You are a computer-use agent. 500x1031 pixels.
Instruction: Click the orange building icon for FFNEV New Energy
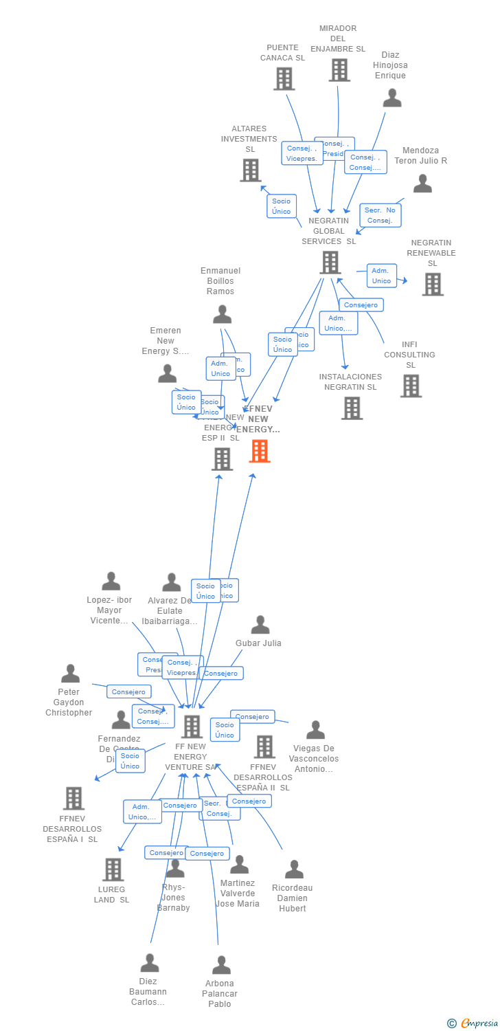pos(260,452)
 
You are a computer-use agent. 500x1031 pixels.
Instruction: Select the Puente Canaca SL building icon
pos(284,79)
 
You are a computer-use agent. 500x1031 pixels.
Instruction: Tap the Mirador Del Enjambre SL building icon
pos(339,70)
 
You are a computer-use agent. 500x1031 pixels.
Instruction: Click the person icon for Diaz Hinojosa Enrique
pos(392,98)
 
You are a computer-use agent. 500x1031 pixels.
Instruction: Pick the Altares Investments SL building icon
pos(251,170)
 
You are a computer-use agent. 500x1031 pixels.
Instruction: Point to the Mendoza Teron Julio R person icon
pos(422,184)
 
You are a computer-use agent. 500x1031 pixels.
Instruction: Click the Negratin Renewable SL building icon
pos(432,284)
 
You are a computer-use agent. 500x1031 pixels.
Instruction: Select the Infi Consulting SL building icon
pos(411,386)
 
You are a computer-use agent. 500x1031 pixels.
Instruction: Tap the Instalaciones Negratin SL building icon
pos(352,408)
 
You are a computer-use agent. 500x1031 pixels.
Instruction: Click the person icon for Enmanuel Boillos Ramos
pos(222,314)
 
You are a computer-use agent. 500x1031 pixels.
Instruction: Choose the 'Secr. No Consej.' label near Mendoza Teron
pos(380,215)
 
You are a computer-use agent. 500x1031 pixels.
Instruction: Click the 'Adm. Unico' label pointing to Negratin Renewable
pos(381,276)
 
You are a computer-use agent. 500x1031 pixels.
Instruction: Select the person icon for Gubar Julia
pos(260,625)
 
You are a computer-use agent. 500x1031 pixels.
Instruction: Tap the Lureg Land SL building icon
pos(113,869)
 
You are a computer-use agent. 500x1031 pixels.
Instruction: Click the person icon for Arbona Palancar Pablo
pos(221,965)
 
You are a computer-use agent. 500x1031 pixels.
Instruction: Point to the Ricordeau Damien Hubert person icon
pos(294,869)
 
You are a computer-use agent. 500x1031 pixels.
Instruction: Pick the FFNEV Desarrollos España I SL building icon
pos(73,798)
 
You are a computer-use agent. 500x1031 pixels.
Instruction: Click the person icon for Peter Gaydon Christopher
pos(70,674)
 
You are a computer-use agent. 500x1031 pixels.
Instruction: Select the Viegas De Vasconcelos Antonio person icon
pos(315,730)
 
